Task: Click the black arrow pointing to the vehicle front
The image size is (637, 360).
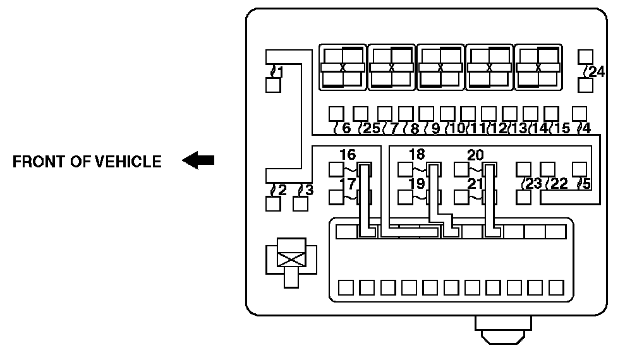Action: [x=198, y=162]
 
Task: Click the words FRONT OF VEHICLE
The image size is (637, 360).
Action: [x=87, y=162]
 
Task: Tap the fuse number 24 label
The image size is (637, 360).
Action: [x=596, y=72]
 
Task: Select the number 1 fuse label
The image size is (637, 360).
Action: [x=279, y=71]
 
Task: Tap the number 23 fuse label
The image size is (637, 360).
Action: [x=535, y=184]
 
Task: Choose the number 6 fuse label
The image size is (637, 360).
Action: [x=345, y=128]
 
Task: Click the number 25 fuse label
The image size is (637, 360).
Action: [x=371, y=128]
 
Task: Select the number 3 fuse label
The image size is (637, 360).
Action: [x=308, y=189]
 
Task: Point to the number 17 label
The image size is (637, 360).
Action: [x=347, y=184]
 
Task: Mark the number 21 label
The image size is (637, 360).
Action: [x=475, y=184]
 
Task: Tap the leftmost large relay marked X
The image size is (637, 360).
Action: [x=343, y=67]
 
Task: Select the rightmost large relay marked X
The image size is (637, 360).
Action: [x=538, y=67]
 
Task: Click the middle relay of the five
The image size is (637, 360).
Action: [x=440, y=67]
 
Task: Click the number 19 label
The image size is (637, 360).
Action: [x=416, y=184]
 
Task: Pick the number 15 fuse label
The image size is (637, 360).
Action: [x=562, y=128]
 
